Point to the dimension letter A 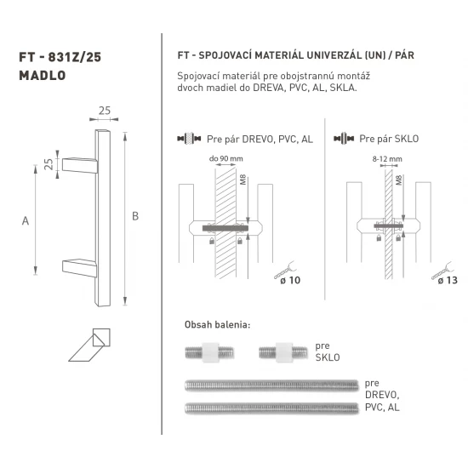(26, 221)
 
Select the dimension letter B (135, 215)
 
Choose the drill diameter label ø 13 (442, 281)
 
